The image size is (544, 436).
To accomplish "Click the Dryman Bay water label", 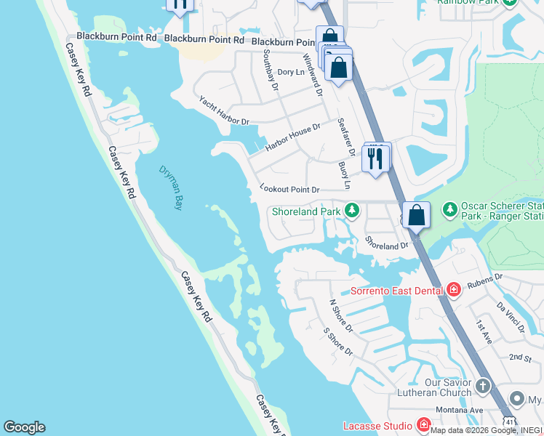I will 170,187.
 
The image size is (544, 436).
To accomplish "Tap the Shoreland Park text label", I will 306,212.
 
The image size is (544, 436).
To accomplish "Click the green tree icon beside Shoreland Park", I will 352,211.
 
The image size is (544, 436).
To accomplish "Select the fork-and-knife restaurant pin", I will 375,157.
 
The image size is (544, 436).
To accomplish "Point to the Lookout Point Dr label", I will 289,189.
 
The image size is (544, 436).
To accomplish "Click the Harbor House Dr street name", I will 292,137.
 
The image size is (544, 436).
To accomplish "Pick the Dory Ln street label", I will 291,72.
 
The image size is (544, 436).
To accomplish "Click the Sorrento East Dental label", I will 396,291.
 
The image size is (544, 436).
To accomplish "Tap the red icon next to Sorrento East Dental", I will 454,291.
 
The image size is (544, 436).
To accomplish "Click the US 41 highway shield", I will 509,421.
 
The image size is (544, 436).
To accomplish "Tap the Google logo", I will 24,427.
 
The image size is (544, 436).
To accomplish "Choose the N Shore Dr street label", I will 340,316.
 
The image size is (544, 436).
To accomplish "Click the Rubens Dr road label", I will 487,280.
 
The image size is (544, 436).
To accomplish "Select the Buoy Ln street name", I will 345,174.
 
